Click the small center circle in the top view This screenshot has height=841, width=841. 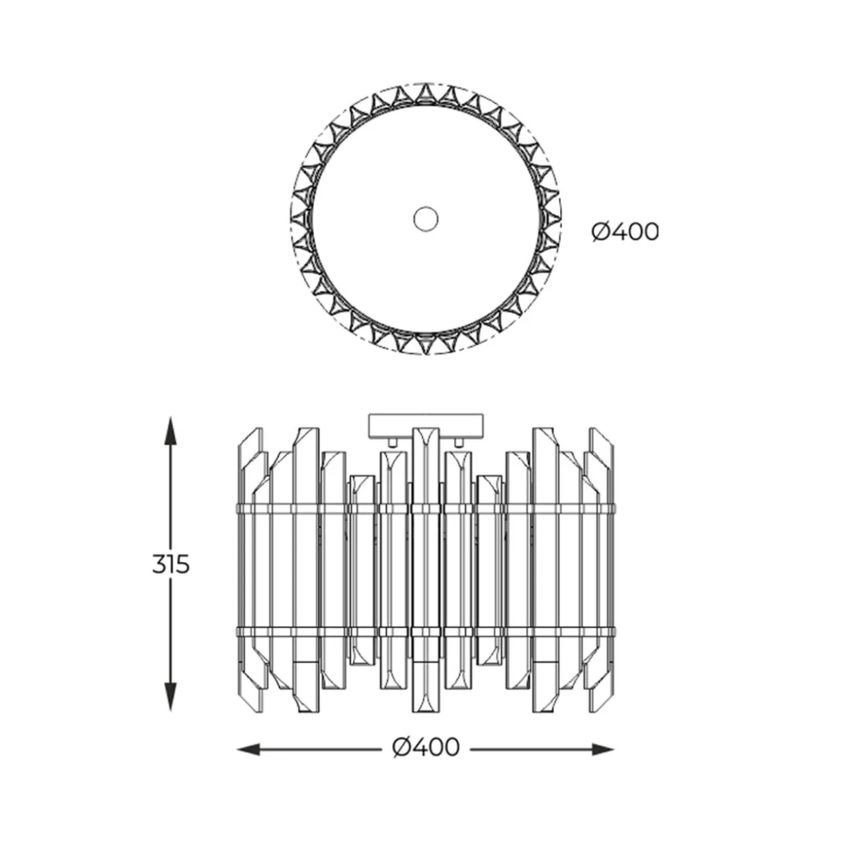click(425, 218)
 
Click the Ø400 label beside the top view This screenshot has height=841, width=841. click(625, 232)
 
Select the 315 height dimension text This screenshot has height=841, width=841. click(171, 564)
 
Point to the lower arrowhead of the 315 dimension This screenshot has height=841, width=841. click(171, 697)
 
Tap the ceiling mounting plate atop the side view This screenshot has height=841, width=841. click(425, 425)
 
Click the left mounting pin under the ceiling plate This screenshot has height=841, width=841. click(392, 442)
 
